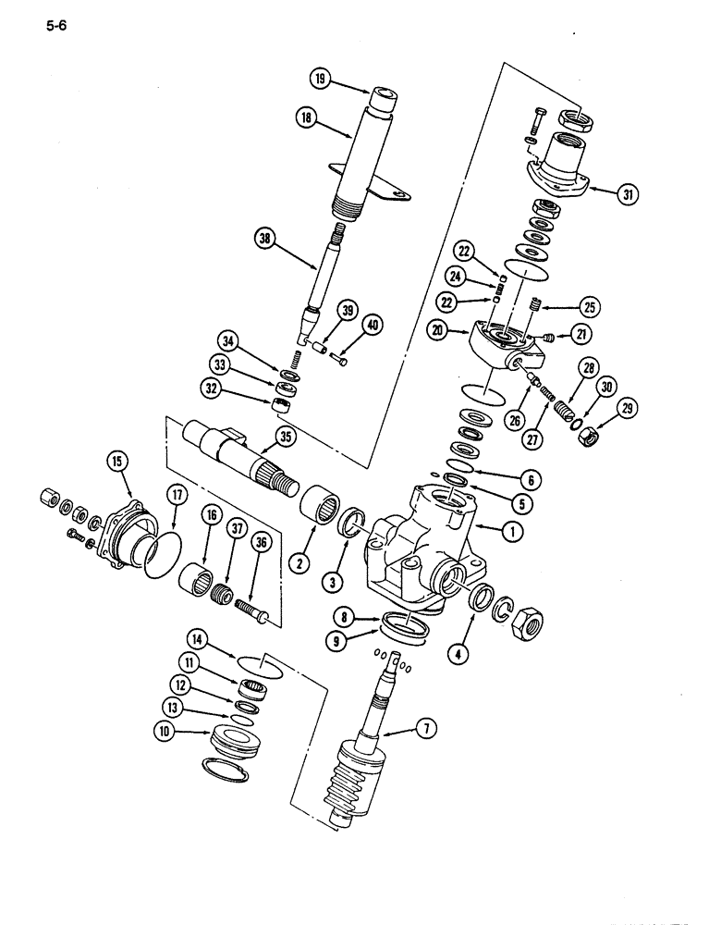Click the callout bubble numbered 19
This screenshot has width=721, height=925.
(321, 80)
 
